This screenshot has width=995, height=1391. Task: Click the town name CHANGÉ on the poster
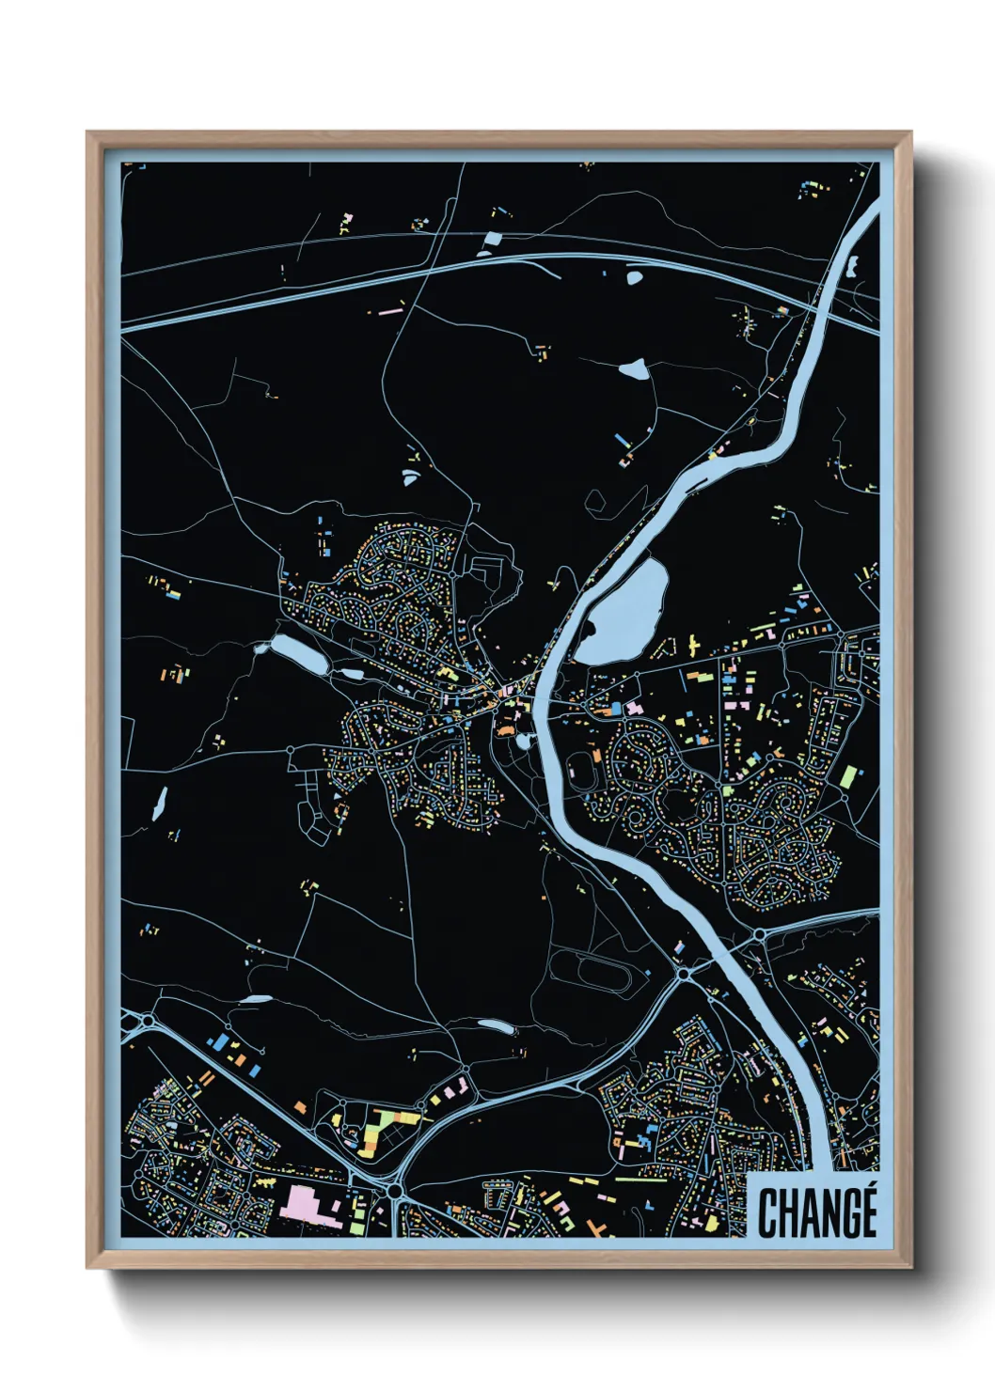(x=816, y=1213)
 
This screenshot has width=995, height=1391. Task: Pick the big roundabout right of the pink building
(x=395, y=1191)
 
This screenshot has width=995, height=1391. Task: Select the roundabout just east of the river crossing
(x=759, y=933)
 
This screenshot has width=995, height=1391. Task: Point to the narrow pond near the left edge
(x=159, y=803)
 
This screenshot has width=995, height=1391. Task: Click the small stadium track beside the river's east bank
(x=584, y=771)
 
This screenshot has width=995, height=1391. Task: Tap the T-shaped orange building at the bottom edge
(x=593, y=1226)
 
